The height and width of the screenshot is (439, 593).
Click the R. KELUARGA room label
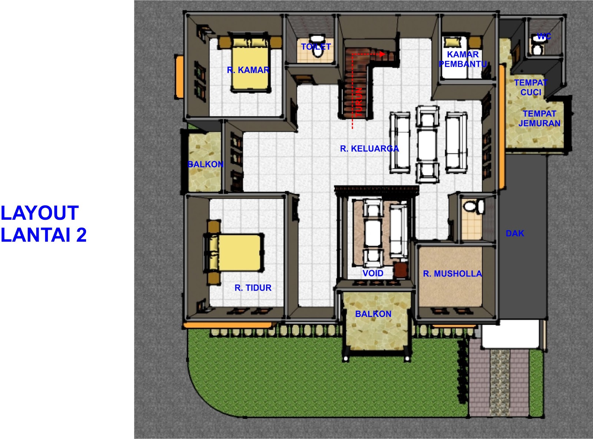pyautogui.click(x=369, y=149)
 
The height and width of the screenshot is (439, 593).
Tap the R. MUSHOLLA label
pyautogui.click(x=452, y=274)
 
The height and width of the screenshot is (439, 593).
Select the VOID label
pyautogui.click(x=372, y=273)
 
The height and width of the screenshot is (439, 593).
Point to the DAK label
pyautogui.click(x=515, y=233)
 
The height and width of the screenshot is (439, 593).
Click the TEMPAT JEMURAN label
pyautogui.click(x=539, y=118)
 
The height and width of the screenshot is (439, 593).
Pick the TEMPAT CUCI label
pyautogui.click(x=530, y=87)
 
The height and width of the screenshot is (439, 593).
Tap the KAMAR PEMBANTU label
pyautogui.click(x=463, y=59)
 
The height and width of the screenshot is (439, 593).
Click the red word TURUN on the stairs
pyautogui.click(x=358, y=102)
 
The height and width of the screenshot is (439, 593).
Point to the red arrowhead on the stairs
pyautogui.click(x=382, y=54)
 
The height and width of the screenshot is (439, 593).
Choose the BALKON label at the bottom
pyautogui.click(x=373, y=314)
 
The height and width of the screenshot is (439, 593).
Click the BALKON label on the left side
pyautogui.click(x=205, y=164)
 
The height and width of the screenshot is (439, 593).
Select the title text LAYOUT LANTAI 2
pyautogui.click(x=43, y=224)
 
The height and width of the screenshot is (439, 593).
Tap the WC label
pyautogui.click(x=544, y=36)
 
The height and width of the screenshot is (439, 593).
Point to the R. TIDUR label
pyautogui.click(x=253, y=288)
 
